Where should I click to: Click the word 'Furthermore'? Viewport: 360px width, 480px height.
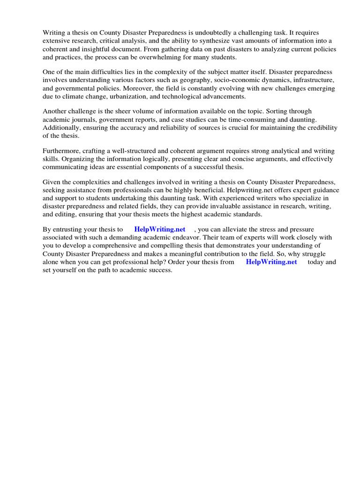62,151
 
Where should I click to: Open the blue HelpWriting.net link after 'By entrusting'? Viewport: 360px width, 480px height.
159,229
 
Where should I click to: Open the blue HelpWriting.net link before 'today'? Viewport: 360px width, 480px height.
271,262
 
